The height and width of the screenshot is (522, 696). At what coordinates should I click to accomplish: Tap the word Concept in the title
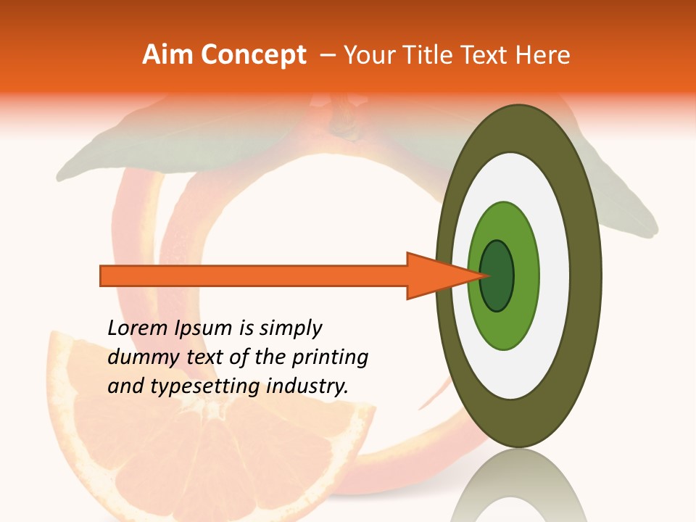253,55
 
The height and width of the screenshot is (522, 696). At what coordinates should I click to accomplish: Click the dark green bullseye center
497,275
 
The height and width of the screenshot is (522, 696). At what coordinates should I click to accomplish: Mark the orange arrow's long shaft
254,275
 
